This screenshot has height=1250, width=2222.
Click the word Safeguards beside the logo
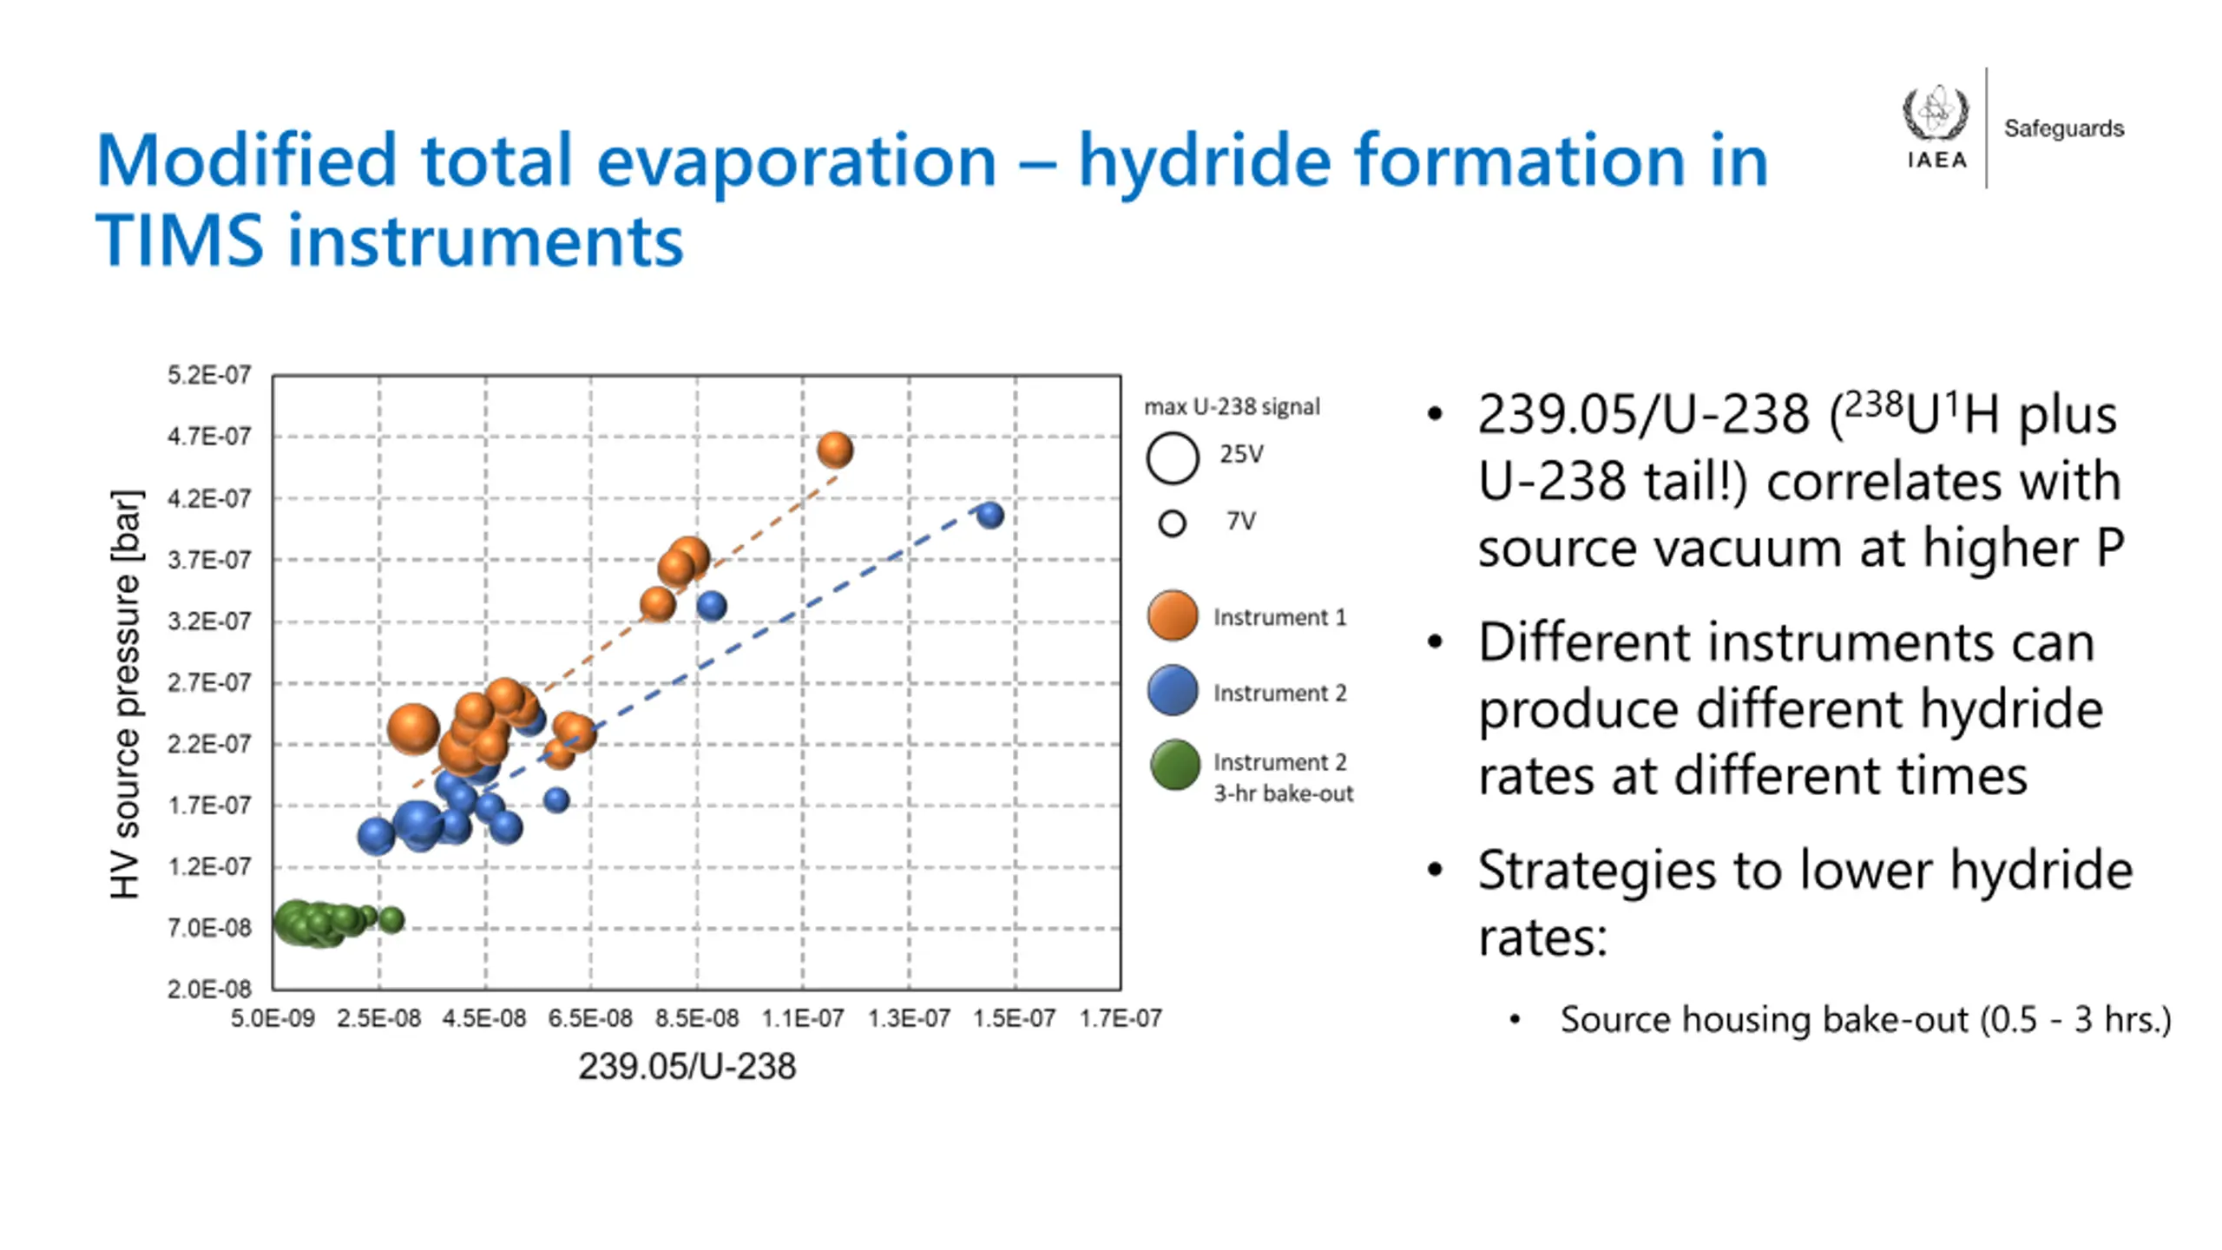[x=2063, y=128]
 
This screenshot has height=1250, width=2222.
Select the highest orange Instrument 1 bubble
[x=835, y=450]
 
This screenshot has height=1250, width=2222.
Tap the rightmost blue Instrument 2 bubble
[x=989, y=515]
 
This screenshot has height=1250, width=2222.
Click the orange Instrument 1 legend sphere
[x=1173, y=615]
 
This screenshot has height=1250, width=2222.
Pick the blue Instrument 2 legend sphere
[x=1173, y=691]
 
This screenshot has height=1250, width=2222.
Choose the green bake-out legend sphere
[x=1174, y=765]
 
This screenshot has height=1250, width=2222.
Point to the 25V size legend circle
[x=1173, y=457]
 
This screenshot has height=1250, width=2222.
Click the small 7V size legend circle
[x=1172, y=523]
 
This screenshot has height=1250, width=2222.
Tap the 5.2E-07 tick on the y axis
[x=209, y=375]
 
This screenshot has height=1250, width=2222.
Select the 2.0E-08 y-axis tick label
[x=209, y=989]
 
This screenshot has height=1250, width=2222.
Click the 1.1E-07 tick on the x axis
[x=802, y=1018]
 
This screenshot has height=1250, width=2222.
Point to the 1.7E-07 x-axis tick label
[x=1120, y=1018]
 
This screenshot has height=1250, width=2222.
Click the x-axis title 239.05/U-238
[x=687, y=1066]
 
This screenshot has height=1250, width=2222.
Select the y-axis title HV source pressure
[x=125, y=694]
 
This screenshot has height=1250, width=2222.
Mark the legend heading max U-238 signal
[x=1232, y=406]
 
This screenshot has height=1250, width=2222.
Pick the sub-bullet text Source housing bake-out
[x=1763, y=1019]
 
